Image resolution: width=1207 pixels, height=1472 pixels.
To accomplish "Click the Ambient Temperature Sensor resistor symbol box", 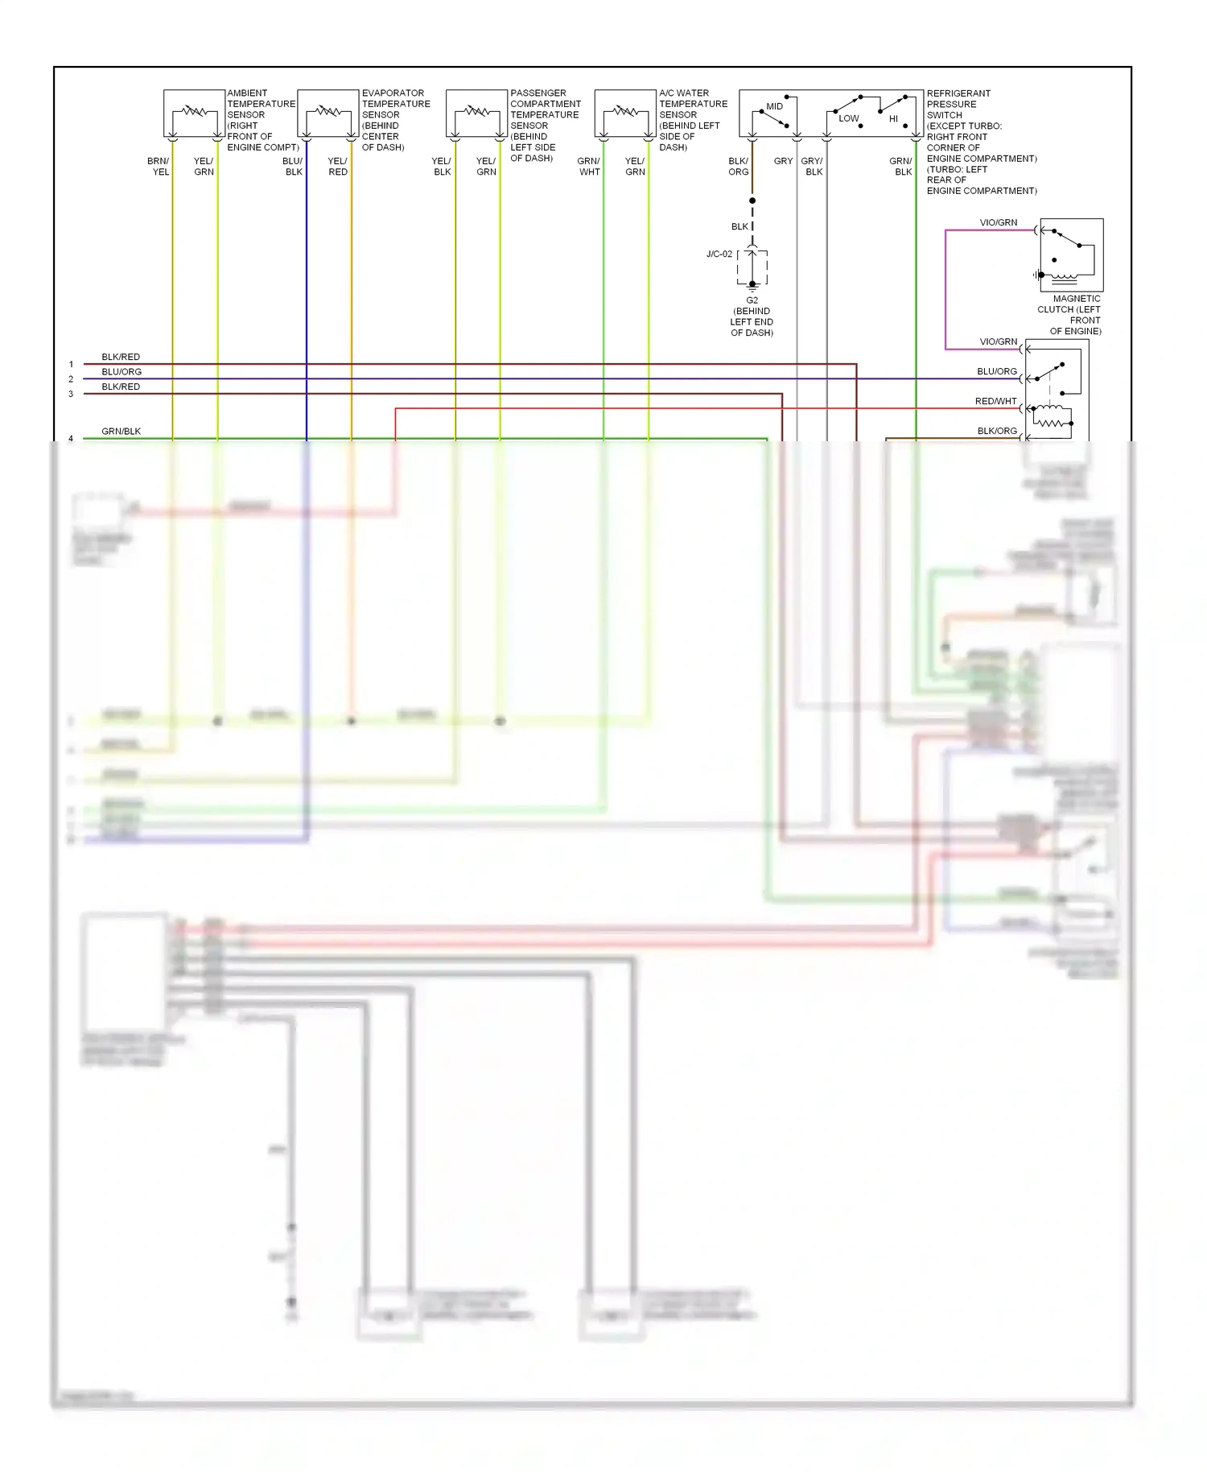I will coord(194,114).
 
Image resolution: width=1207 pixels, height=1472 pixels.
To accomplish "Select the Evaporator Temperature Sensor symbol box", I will coord(328,114).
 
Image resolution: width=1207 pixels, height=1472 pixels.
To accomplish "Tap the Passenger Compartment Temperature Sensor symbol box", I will coord(476,114).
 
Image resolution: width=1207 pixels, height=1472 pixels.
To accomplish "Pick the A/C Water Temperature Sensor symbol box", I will coord(625,114).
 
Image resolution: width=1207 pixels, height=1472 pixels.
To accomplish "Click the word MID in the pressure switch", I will coord(774,106).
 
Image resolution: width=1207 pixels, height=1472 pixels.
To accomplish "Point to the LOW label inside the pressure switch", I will coord(849,118).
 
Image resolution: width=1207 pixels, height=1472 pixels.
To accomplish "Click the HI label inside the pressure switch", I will coord(893,119).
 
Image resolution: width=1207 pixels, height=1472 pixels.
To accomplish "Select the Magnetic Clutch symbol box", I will coord(1071,254).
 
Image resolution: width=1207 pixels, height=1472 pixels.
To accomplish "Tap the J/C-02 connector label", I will coord(719,254).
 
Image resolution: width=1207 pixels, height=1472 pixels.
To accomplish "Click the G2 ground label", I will coord(752,300).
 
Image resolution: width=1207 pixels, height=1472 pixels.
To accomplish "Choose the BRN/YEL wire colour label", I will coord(159,167).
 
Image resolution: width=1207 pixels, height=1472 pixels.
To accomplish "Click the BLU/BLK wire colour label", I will coord(293,167).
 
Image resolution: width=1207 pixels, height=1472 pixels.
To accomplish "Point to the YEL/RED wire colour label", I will coord(338,167).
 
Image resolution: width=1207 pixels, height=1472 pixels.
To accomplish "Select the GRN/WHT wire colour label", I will coord(589,167).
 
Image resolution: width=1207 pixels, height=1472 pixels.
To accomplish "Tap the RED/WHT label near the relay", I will coord(996,401).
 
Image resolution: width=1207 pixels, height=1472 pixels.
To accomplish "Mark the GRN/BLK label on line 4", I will coord(122,432).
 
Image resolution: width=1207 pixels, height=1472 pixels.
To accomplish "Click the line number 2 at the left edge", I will coord(71,379).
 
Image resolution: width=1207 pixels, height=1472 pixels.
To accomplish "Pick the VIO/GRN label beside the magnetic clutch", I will coord(999,223).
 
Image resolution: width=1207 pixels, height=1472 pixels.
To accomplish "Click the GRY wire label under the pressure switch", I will coord(783,161).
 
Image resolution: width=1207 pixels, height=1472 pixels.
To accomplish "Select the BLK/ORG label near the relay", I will coord(997,431).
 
